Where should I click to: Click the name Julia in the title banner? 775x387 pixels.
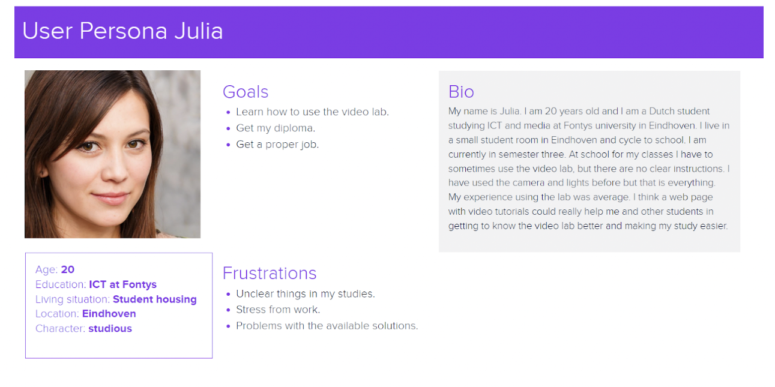(x=199, y=31)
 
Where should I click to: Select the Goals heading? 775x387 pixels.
(x=246, y=92)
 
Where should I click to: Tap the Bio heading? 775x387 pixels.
(x=461, y=92)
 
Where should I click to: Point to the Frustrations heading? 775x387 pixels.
(x=269, y=273)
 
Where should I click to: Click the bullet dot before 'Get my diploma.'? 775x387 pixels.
(x=228, y=128)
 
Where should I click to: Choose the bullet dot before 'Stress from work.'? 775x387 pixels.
(x=228, y=310)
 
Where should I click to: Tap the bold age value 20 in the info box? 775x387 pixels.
(x=68, y=269)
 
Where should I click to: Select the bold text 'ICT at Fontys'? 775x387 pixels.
(x=123, y=284)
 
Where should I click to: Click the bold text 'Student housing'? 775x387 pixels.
(x=155, y=299)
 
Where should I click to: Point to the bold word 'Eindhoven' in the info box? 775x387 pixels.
(x=109, y=314)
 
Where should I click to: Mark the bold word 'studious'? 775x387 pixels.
(x=110, y=328)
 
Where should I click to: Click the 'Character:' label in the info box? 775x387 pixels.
(x=60, y=328)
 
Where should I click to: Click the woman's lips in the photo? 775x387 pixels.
(x=110, y=198)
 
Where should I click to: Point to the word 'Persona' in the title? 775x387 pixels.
(x=123, y=31)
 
